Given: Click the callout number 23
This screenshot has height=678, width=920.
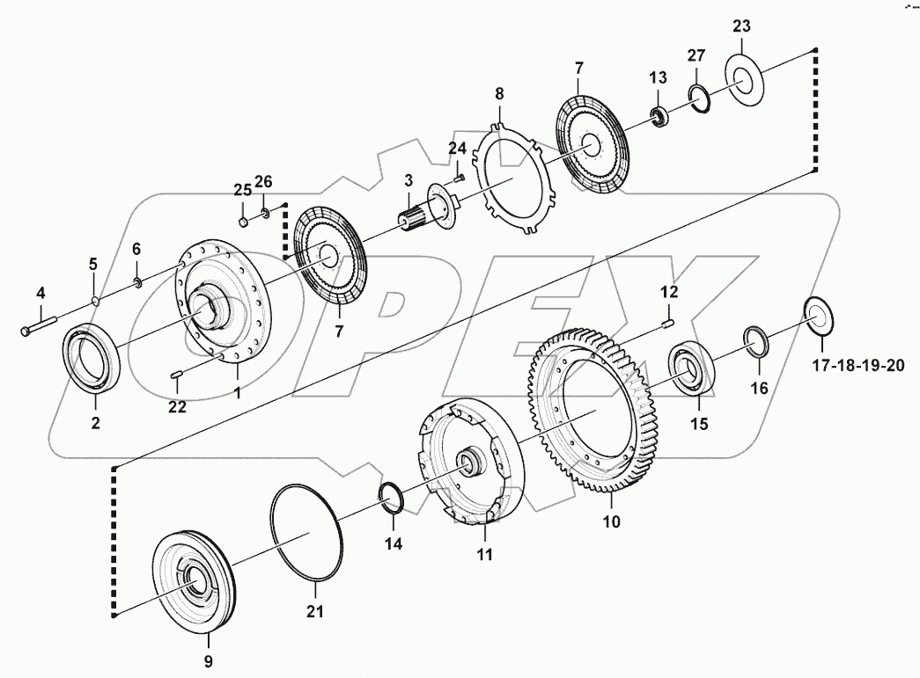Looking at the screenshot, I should (740, 26).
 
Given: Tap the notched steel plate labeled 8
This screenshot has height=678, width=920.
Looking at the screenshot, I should (515, 180).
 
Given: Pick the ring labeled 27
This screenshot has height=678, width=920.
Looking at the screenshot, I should (699, 97).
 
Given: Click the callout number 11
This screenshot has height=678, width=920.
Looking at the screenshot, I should (485, 555).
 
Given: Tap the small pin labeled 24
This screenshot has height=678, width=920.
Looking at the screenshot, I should (459, 177).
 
